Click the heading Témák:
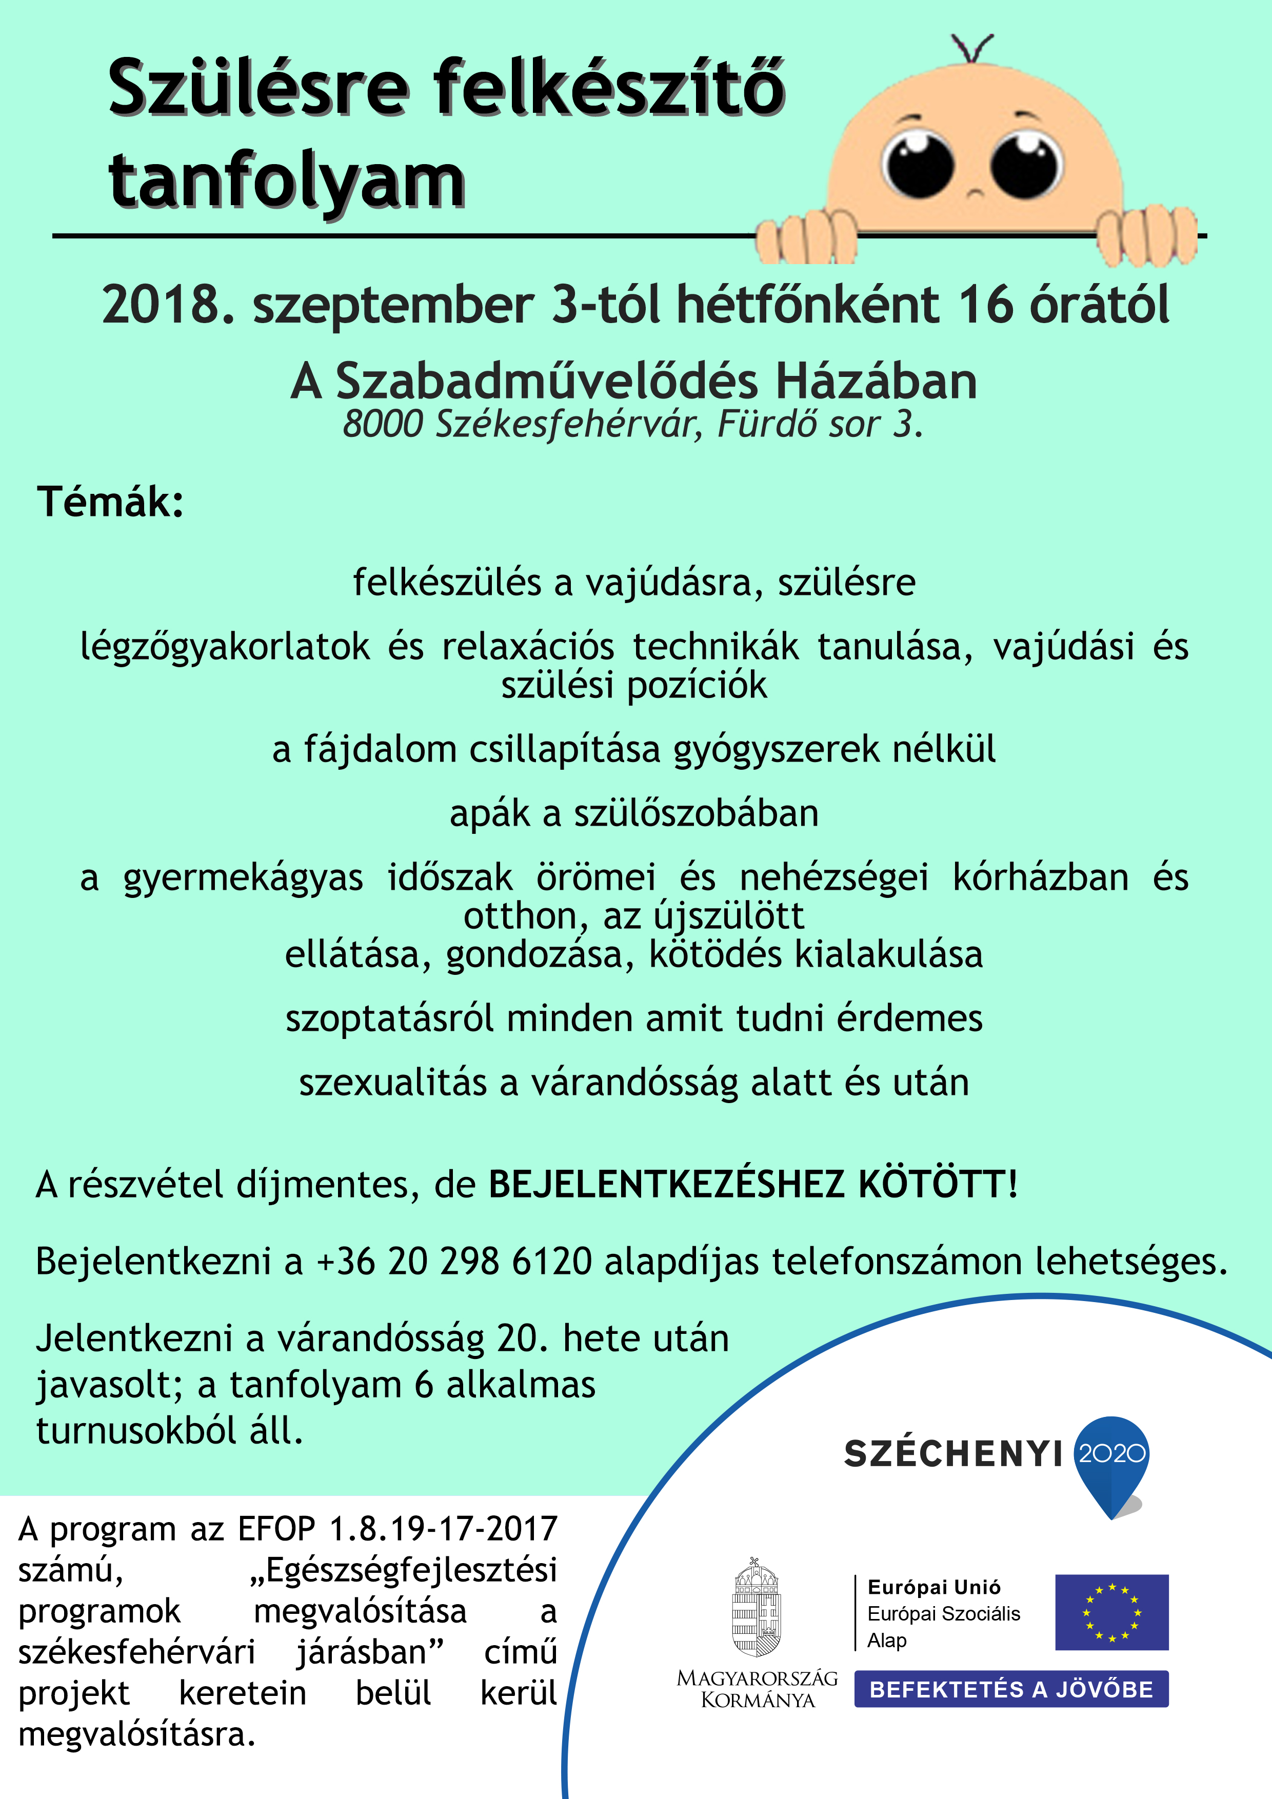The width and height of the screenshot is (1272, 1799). [110, 502]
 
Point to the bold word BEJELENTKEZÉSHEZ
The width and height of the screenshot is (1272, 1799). [666, 1184]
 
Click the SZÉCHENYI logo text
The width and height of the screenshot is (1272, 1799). [952, 1454]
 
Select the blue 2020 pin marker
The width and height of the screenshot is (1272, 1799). [1112, 1462]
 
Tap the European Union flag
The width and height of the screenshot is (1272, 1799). [1111, 1612]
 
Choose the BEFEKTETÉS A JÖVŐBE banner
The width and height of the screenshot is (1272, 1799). [1011, 1689]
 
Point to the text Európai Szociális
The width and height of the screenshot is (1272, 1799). [944, 1614]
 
